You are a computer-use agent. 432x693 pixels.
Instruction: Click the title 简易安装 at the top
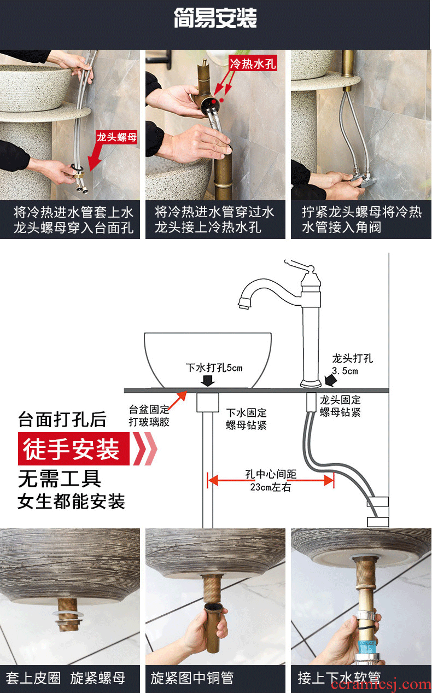coord(215,18)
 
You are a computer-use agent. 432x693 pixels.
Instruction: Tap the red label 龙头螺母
coord(116,137)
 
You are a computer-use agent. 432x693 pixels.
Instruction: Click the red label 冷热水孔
coord(253,64)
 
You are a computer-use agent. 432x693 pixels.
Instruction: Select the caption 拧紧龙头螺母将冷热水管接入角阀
coord(361,220)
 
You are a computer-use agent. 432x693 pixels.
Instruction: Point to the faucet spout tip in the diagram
coord(244,303)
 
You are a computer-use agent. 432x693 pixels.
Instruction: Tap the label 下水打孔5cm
coord(214,368)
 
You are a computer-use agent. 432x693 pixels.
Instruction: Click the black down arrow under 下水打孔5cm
coord(207,380)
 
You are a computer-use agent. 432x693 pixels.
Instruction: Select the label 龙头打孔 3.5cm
coord(352,364)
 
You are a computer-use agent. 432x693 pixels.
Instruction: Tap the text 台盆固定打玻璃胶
coord(149,416)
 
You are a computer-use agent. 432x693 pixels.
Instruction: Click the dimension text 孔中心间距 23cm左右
coord(271,480)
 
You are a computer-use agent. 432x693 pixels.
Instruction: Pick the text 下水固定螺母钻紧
coord(246,419)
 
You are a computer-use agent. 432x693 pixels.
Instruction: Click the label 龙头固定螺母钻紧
coord(340,406)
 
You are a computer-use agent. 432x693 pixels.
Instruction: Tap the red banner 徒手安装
coord(74,449)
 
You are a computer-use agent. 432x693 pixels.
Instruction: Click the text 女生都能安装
coord(72,502)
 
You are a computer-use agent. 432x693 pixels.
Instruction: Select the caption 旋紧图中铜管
coord(192,678)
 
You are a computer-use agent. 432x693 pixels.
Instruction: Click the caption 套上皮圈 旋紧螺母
coord(65,678)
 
